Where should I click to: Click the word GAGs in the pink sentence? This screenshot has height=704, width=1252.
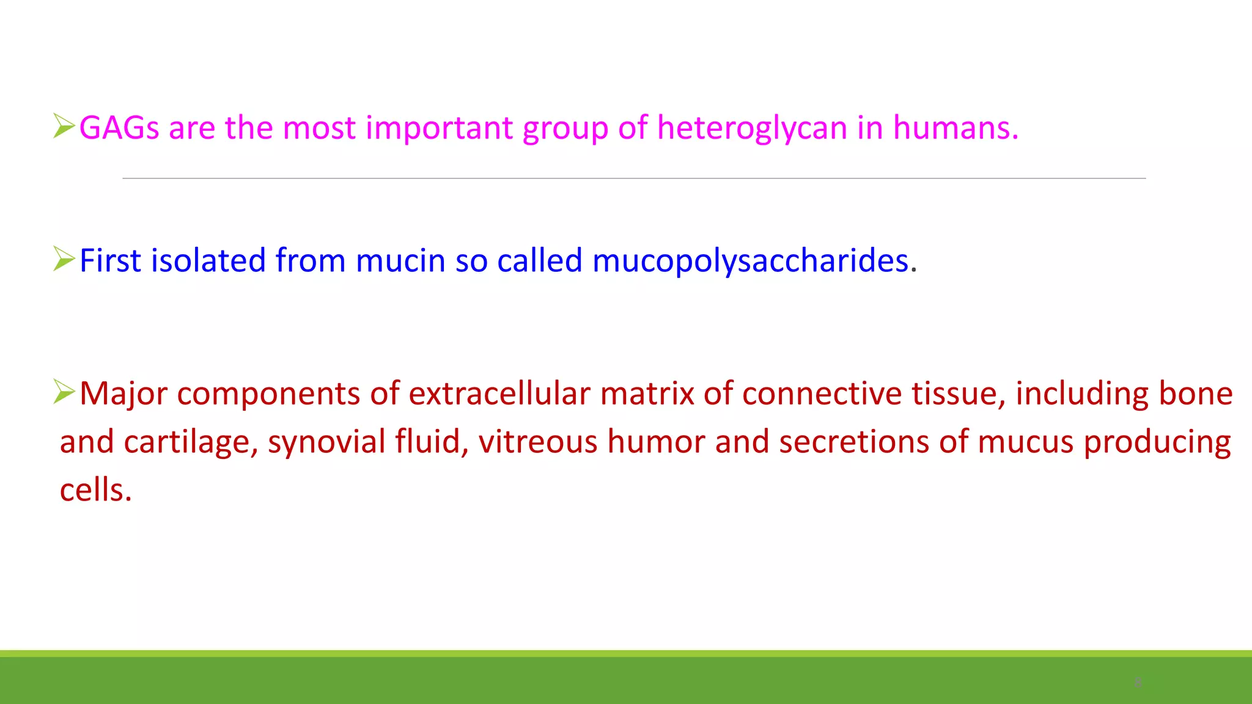coord(119,128)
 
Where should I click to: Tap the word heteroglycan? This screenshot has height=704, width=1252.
coord(752,128)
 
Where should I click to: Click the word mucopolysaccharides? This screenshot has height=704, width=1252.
coord(751,261)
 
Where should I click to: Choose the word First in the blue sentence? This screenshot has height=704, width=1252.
coord(111,261)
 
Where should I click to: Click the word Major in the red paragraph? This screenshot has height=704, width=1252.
coord(123,394)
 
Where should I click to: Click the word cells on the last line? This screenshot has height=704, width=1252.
coord(95,490)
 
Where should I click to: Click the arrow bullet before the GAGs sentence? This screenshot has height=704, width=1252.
coord(64,126)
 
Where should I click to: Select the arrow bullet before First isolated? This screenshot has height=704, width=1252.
coord(64,258)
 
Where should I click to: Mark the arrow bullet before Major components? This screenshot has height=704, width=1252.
coord(64,391)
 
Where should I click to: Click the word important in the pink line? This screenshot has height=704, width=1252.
coord(439,128)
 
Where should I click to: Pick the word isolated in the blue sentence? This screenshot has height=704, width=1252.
coord(208,261)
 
